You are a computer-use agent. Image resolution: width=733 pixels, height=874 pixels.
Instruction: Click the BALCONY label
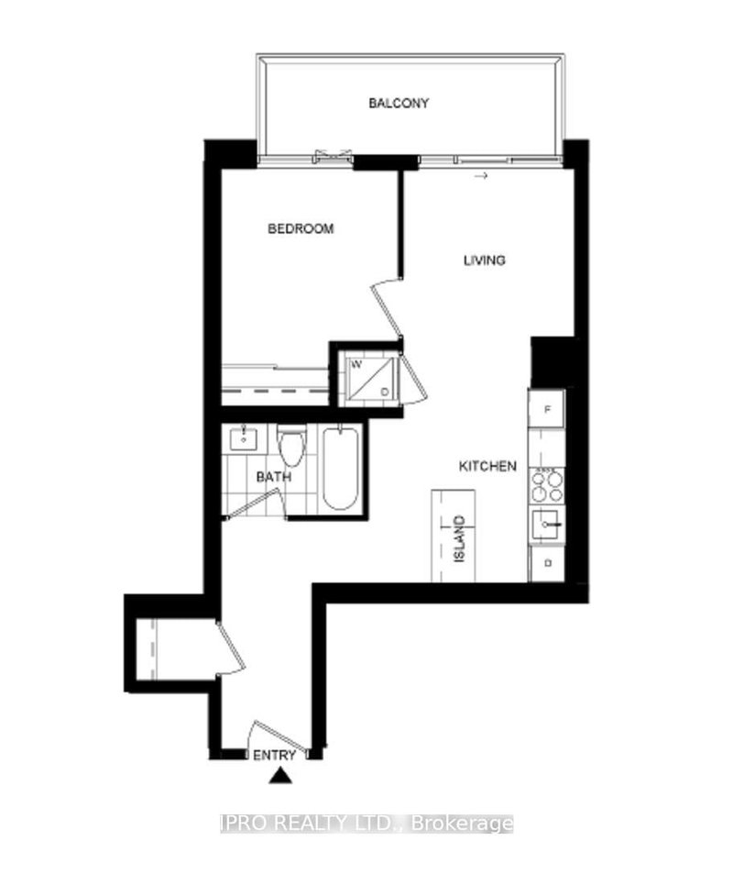[399, 104]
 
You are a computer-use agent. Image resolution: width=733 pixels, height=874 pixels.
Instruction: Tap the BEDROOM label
[301, 228]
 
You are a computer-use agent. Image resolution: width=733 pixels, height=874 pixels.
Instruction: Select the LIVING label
[483, 260]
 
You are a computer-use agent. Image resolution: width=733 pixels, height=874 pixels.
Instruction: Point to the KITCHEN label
[487, 467]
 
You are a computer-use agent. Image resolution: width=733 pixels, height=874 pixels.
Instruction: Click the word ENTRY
[276, 756]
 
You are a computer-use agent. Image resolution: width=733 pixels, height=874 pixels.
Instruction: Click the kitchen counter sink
[546, 525]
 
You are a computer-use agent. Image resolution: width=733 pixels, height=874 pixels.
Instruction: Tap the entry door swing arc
[270, 735]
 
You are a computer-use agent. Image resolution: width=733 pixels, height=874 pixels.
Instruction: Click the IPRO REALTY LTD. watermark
[366, 824]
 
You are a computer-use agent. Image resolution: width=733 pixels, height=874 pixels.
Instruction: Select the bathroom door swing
[257, 503]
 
